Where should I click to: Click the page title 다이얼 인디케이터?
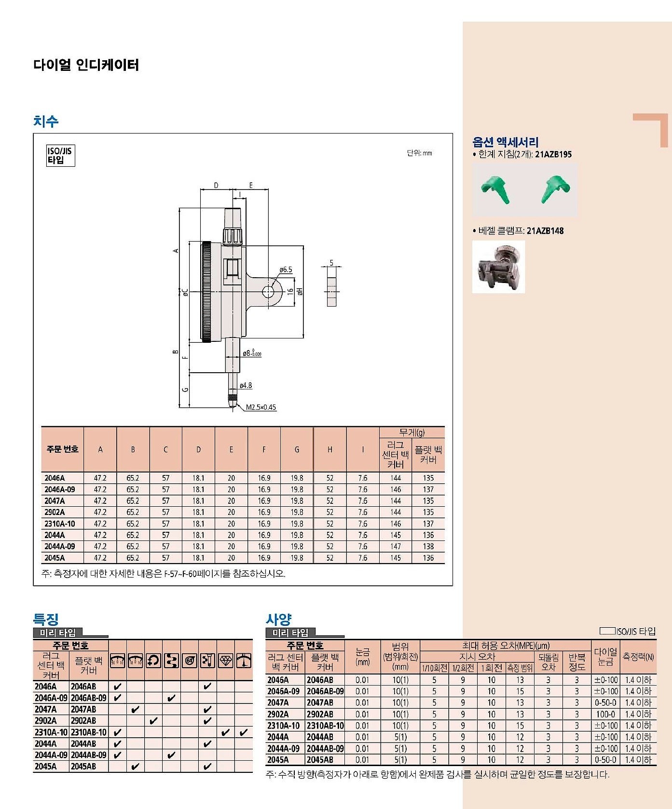(x=86, y=65)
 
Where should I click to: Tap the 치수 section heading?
(x=46, y=121)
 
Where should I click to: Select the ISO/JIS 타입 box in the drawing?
(x=60, y=155)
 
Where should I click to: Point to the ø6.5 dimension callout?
(x=286, y=270)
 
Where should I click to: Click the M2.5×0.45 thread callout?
(x=261, y=407)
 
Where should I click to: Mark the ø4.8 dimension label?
(x=246, y=386)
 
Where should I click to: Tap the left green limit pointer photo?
(x=495, y=189)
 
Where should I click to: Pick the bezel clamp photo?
(x=498, y=267)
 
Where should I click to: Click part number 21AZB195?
(x=553, y=155)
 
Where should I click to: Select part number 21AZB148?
(x=545, y=231)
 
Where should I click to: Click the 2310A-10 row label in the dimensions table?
(x=59, y=524)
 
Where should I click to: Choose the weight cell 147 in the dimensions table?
(x=396, y=546)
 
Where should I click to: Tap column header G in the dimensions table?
(x=297, y=449)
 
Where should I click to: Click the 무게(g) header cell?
(x=412, y=432)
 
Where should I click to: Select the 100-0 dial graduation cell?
(x=605, y=714)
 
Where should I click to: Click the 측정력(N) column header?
(x=638, y=657)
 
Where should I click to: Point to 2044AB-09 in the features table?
(x=88, y=755)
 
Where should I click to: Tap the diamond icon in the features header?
(x=225, y=661)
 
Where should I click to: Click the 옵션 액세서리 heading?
(x=505, y=142)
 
